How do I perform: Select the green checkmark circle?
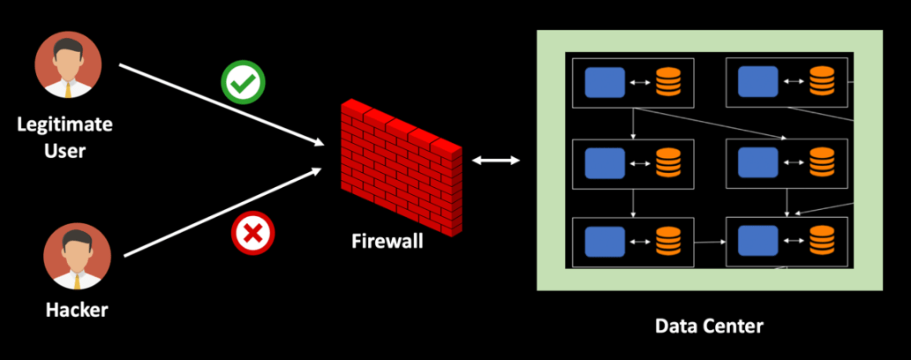(243, 84)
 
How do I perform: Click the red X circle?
(253, 235)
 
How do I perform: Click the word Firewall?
(387, 240)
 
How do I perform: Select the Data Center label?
(708, 326)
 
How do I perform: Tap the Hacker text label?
(76, 310)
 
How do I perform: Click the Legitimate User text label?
(65, 137)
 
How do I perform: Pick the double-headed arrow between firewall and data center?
(495, 161)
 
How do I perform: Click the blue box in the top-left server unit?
(605, 83)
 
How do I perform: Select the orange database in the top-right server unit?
(821, 83)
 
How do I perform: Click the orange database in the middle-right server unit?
(821, 162)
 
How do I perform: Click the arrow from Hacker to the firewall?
(221, 212)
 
